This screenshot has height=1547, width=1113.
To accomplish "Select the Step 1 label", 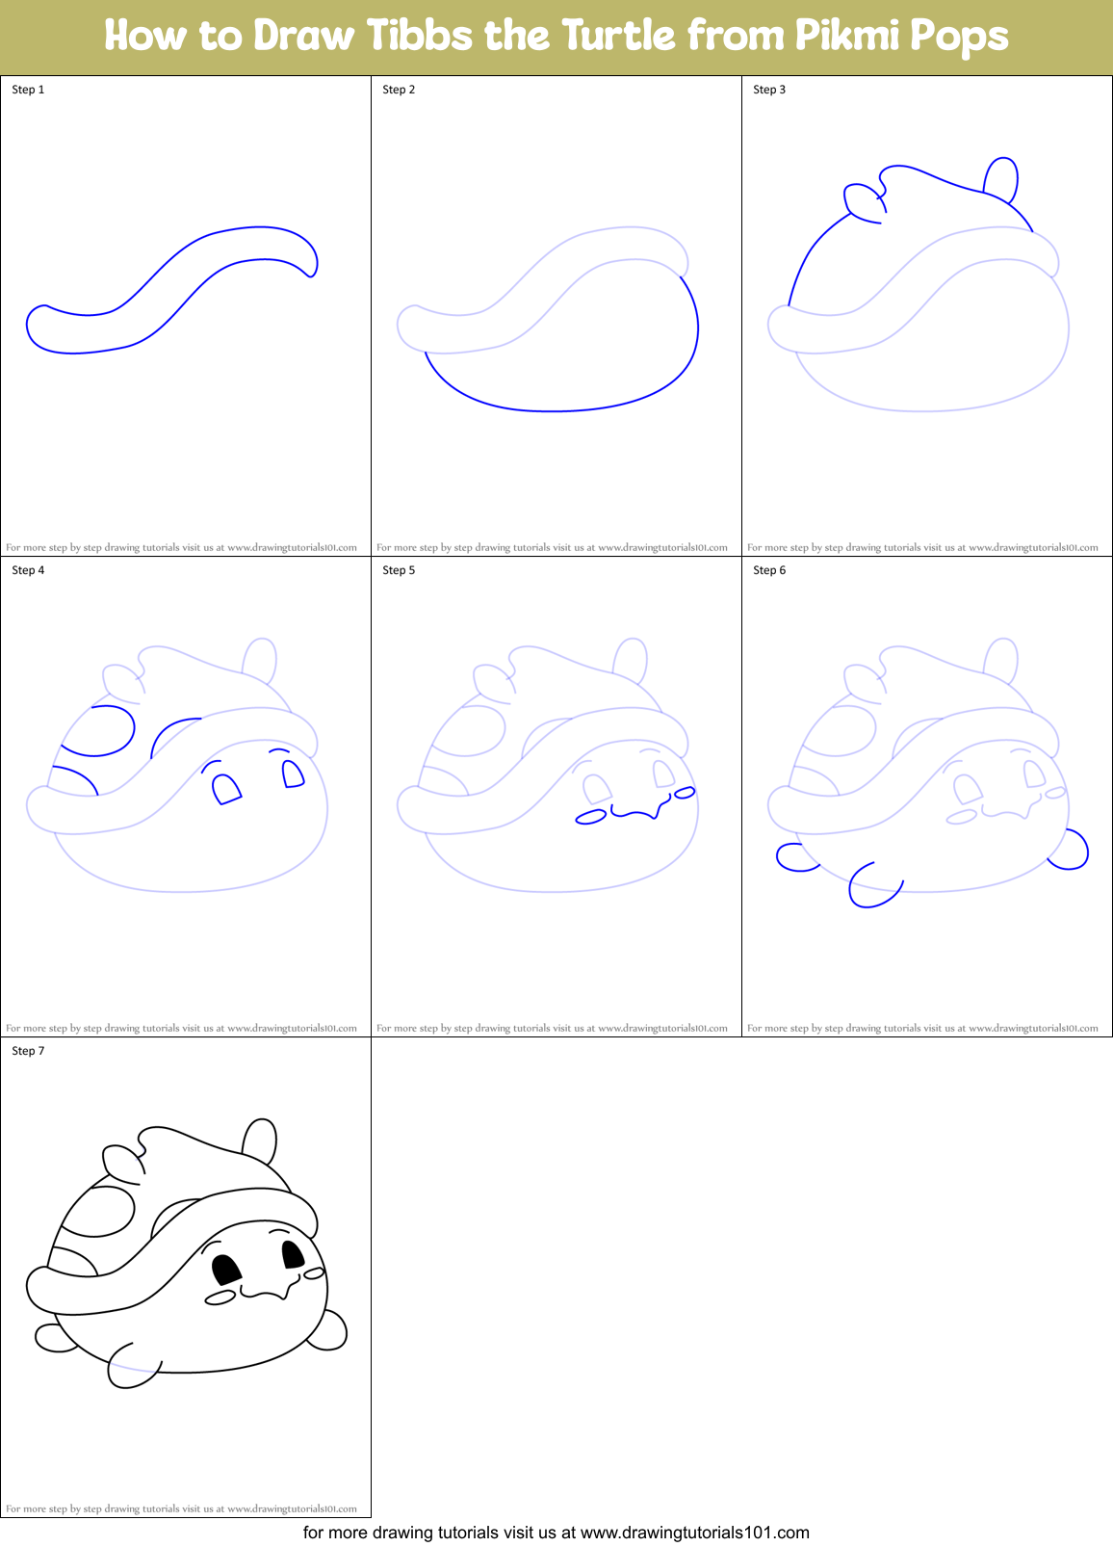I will coord(28,90).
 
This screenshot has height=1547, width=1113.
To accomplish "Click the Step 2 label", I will coord(399,90).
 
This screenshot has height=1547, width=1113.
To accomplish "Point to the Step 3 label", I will coord(769,90).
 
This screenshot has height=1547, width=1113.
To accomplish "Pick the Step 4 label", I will coord(28,570).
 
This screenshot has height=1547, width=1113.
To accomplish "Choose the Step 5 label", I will coord(399,570).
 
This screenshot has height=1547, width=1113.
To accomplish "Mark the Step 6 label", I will coord(769,570).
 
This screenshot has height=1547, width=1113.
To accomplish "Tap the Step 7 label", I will coord(28,1051).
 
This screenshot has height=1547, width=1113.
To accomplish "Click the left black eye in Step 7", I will coord(225,1270).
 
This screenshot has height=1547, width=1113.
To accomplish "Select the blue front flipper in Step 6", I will coord(872,886).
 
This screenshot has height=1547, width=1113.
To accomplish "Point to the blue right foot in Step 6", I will coord(1072,851).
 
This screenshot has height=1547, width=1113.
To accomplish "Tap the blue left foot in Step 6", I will coord(794,857).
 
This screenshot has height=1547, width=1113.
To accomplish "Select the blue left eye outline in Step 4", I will coord(225,789).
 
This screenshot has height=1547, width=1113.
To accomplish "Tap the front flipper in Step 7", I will coord(131,1367).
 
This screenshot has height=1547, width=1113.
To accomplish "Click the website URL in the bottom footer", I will coord(694,1533).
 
